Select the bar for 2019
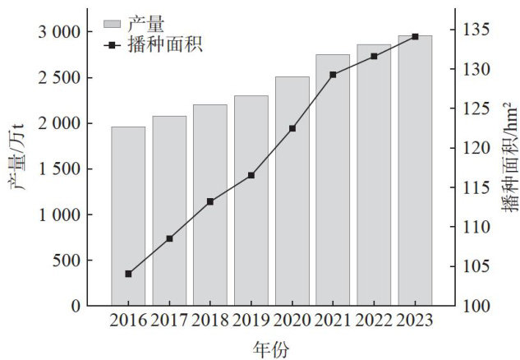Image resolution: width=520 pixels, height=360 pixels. (251, 201)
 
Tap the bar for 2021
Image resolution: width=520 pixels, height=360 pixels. (333, 180)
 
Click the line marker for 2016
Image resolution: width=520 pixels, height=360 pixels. (128, 274)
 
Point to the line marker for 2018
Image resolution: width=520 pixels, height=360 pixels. (210, 201)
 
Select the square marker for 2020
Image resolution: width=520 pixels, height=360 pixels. (292, 128)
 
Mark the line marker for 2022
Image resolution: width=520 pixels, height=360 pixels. (374, 56)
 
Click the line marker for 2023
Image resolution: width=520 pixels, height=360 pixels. (415, 36)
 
